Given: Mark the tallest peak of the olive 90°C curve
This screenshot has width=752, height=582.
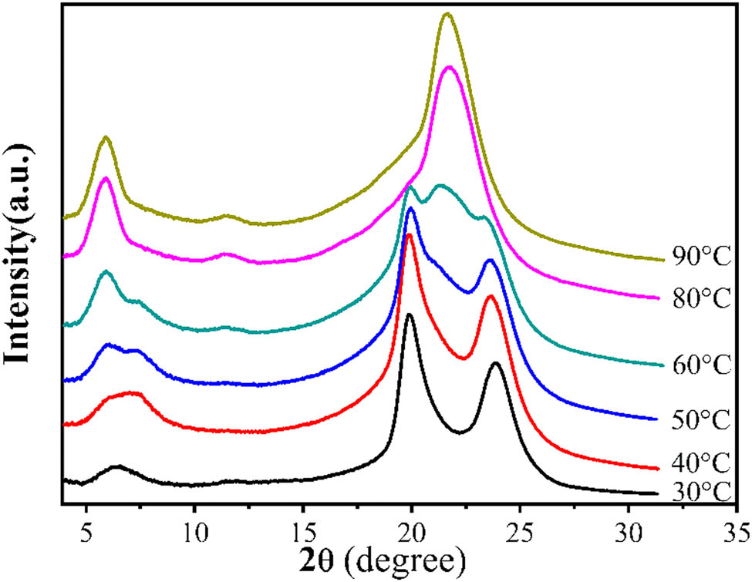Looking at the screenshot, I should click(447, 14).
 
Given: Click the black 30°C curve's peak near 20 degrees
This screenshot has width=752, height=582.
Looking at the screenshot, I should click(409, 315).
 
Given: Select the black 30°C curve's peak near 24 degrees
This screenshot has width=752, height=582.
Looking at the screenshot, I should click(496, 363).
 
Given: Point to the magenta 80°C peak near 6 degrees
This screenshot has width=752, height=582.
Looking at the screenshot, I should click(106, 178).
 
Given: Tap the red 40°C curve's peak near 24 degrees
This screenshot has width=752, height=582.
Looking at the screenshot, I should click(491, 296).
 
